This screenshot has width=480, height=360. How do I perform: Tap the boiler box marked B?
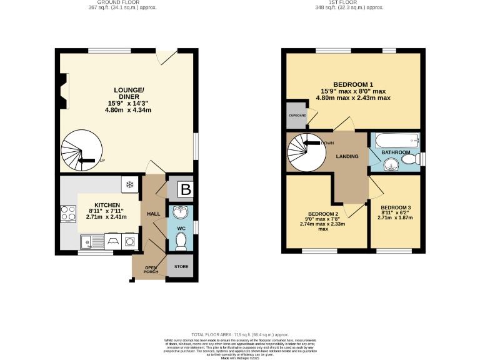[x=185, y=189]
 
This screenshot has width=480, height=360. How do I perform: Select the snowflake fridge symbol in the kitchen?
[x=130, y=184]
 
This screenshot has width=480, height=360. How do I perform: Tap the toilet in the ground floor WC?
[x=182, y=244]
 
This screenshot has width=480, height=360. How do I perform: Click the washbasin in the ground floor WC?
[x=181, y=211]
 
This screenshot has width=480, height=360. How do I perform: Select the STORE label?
[x=181, y=267]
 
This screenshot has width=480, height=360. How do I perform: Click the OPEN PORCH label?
[x=149, y=269]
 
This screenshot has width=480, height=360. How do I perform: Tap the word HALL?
[x=154, y=214]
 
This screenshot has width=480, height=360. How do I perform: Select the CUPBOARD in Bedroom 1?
[x=297, y=116]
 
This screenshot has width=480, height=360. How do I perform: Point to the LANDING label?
[x=347, y=156]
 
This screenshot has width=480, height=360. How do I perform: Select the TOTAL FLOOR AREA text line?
[x=241, y=334]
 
